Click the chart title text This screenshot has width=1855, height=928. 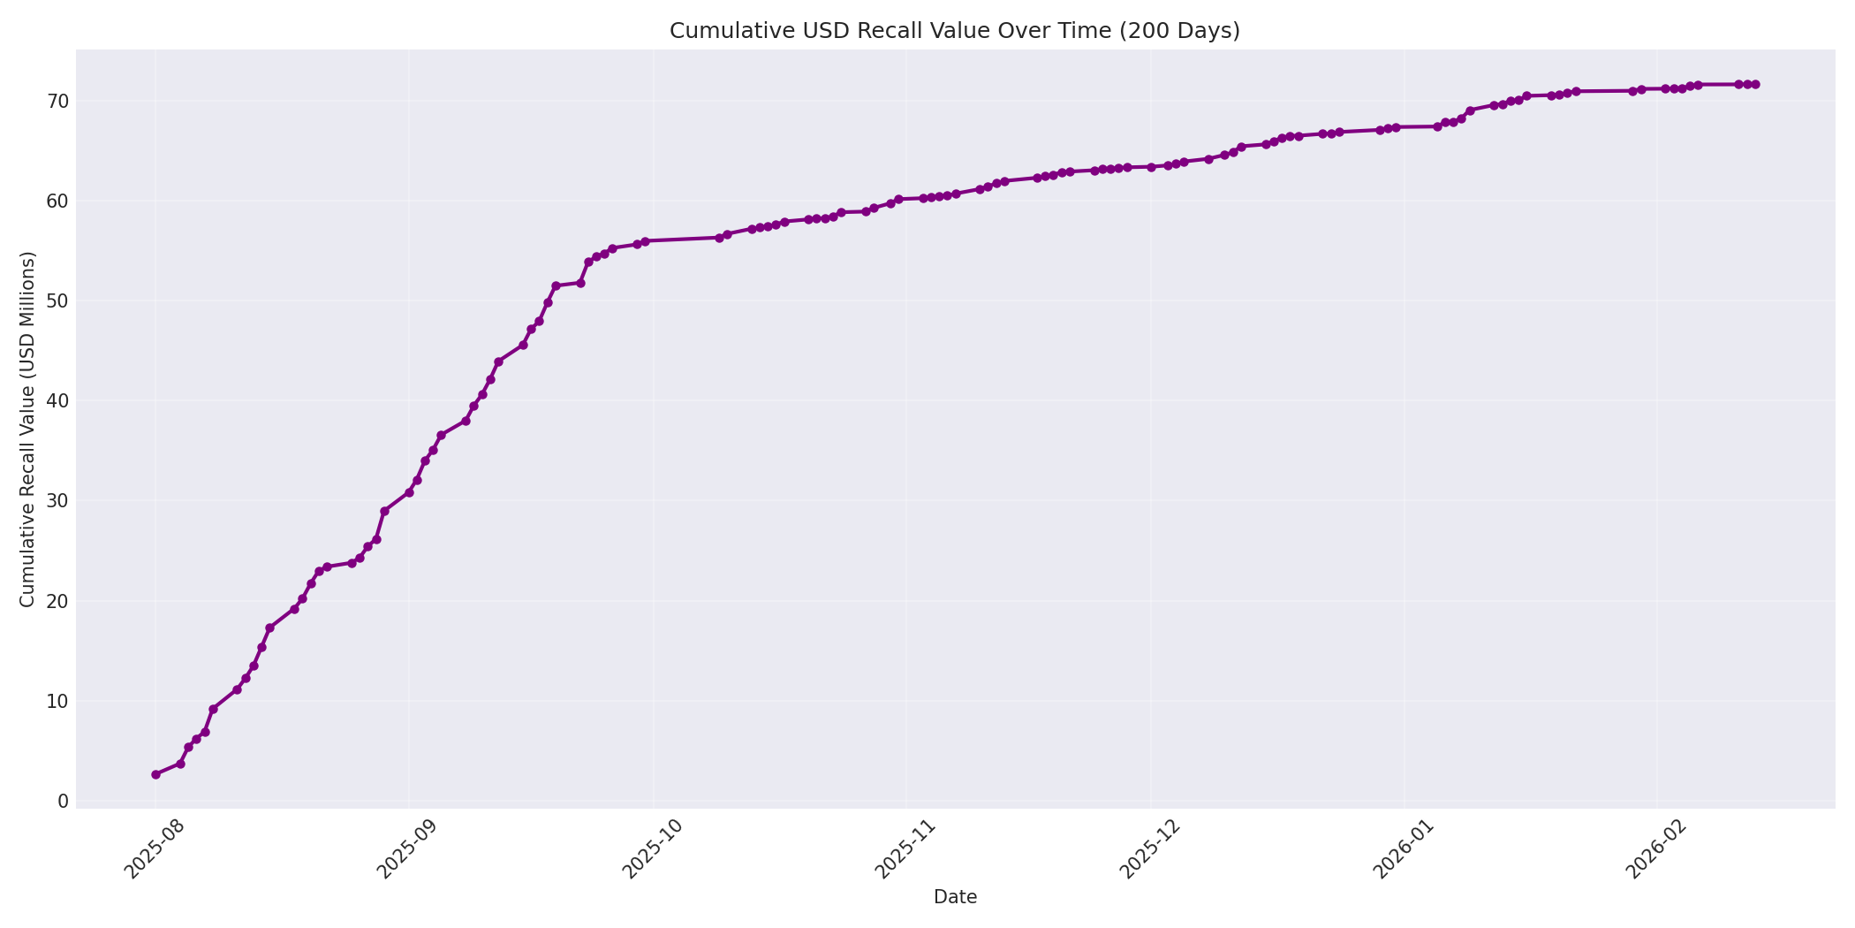pyautogui.click(x=954, y=31)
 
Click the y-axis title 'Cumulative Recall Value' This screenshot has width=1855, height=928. pyautogui.click(x=27, y=430)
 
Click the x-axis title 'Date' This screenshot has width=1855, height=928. pyautogui.click(x=955, y=898)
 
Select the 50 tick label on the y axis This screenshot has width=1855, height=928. pyautogui.click(x=57, y=300)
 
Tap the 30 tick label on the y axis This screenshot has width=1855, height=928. pyautogui.click(x=57, y=500)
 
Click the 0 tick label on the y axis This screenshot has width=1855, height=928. pyautogui.click(x=62, y=801)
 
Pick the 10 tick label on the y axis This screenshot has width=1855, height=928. pyautogui.click(x=57, y=701)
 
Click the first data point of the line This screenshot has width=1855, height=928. pyautogui.click(x=155, y=774)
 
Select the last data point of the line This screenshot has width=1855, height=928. pyautogui.click(x=1755, y=85)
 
